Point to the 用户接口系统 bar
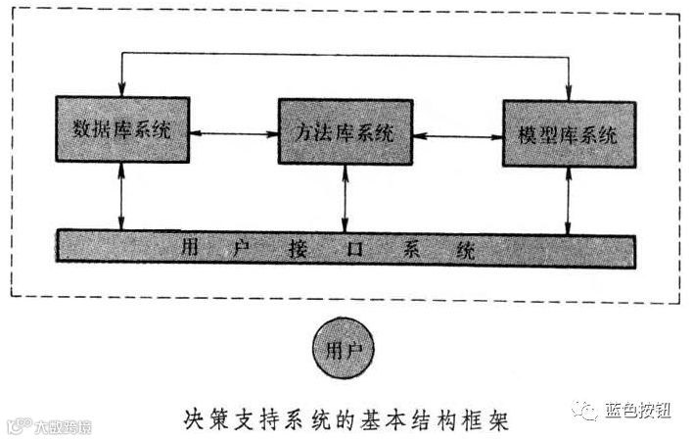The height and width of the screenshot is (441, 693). tap(344, 248)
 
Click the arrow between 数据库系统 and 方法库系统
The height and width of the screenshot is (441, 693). tap(233, 132)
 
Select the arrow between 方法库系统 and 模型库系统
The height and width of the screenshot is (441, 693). tap(455, 134)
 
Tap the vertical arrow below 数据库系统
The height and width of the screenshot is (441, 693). tap(121, 198)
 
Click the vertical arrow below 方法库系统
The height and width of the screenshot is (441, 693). tap(344, 200)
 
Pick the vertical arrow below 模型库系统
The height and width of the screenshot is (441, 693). tap(568, 202)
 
